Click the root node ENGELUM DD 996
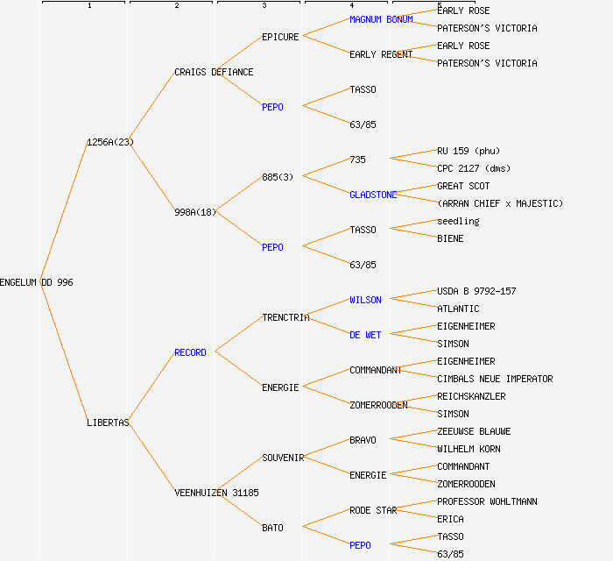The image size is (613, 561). point(37,282)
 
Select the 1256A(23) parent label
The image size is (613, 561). point(110,142)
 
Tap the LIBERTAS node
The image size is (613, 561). point(108,423)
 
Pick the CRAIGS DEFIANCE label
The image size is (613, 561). point(214,72)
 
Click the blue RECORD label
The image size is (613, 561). point(190,352)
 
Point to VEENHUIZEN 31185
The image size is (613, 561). point(216,493)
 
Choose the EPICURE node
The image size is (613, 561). point(280,37)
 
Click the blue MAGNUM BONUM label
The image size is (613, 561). point(381,19)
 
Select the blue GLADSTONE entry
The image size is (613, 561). point(373,195)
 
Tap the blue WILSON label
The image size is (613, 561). point(365,300)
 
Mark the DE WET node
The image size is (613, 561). point(365,335)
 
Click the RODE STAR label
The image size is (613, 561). point(373,510)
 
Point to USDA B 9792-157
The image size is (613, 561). point(476,291)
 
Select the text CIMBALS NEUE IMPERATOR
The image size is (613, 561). point(495,379)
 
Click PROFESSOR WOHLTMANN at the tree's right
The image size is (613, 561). point(487,501)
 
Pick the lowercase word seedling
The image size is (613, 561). point(458,221)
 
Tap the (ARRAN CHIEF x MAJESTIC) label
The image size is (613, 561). point(500,203)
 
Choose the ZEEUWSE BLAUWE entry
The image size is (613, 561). point(474,431)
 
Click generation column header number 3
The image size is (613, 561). point(264,6)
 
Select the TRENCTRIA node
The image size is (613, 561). point(285,317)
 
